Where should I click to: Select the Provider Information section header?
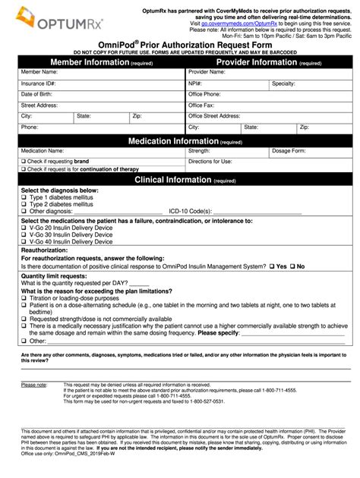[270, 62]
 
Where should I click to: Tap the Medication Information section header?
[185, 141]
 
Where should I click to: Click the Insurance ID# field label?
[38, 82]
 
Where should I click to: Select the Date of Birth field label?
[37, 93]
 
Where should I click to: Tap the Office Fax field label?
[201, 105]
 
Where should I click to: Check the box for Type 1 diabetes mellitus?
[24, 198]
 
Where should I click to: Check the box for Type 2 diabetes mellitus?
[24, 204]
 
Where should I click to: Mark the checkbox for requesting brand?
[24, 162]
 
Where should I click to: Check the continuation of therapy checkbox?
[24, 169]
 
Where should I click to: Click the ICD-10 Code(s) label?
[189, 211]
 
